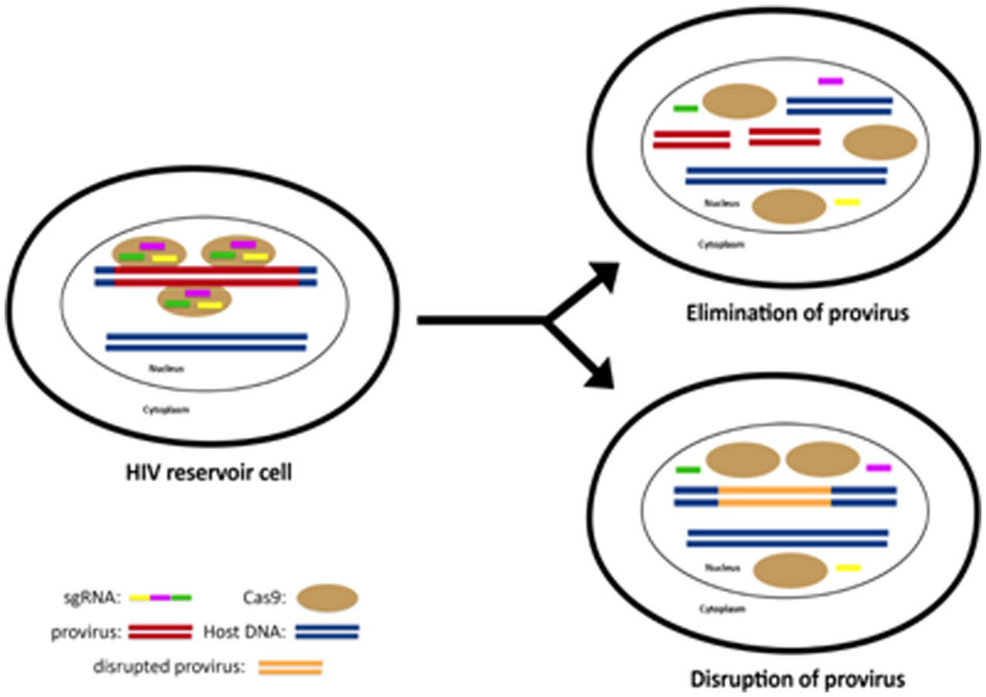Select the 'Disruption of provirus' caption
point(797,681)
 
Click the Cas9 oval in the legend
point(326,597)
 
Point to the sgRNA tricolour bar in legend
point(160,597)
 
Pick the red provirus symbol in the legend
point(160,632)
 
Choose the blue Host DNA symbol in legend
point(327,632)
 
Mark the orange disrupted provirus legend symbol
point(290,667)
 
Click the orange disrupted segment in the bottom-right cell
point(774,496)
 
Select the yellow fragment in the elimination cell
point(847,202)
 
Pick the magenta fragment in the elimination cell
point(831,80)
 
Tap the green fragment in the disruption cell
point(688,469)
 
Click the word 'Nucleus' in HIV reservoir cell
point(166,369)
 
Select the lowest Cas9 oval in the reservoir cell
point(194,300)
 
